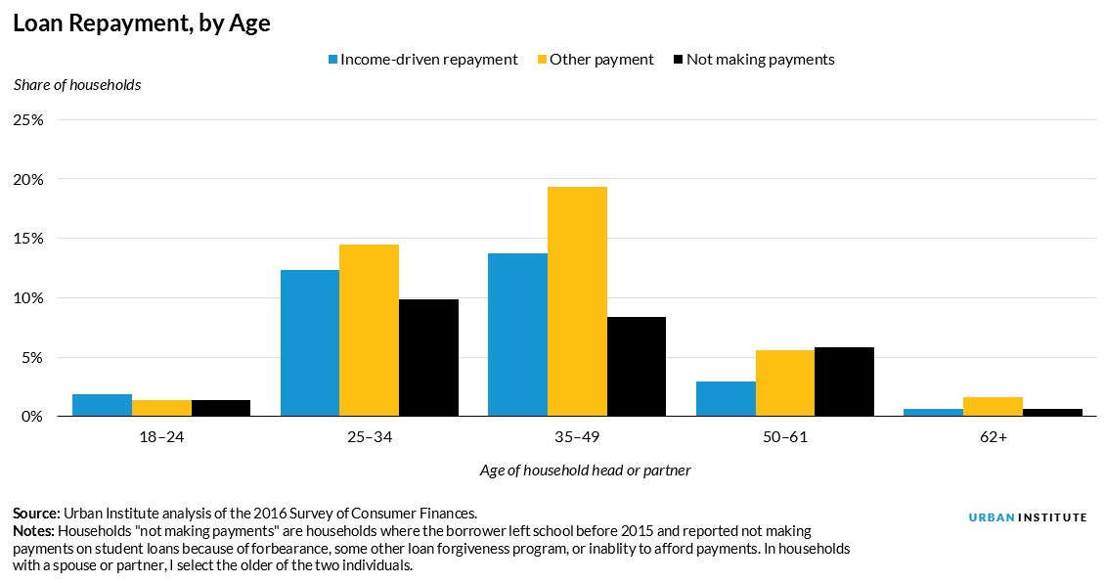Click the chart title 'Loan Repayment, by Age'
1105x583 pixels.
[142, 24]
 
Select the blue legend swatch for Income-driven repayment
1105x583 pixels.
[332, 60]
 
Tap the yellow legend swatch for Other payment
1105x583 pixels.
[542, 60]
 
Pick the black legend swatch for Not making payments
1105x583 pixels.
[678, 60]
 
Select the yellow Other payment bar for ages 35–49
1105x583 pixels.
[577, 301]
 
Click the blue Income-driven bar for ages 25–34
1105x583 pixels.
[310, 342]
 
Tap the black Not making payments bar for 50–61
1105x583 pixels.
[844, 381]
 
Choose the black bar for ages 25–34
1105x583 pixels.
[428, 358]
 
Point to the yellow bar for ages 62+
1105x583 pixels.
[993, 407]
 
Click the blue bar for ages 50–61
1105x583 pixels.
[726, 399]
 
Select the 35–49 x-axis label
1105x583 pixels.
[577, 437]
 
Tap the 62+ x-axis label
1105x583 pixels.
[993, 437]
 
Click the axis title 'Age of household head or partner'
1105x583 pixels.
[585, 471]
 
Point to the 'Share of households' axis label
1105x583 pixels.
[77, 85]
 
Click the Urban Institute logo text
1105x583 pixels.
[1027, 517]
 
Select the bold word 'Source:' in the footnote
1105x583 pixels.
[36, 513]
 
